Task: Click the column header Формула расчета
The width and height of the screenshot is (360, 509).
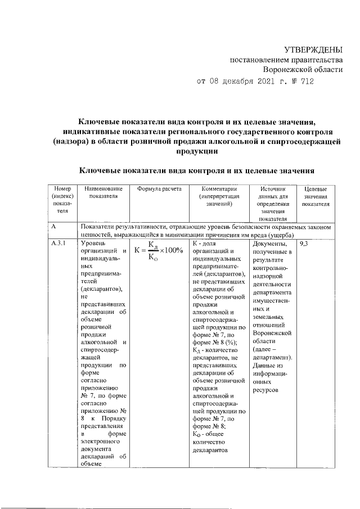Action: coord(159,190)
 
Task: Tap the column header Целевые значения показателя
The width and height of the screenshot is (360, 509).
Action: coord(319,197)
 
